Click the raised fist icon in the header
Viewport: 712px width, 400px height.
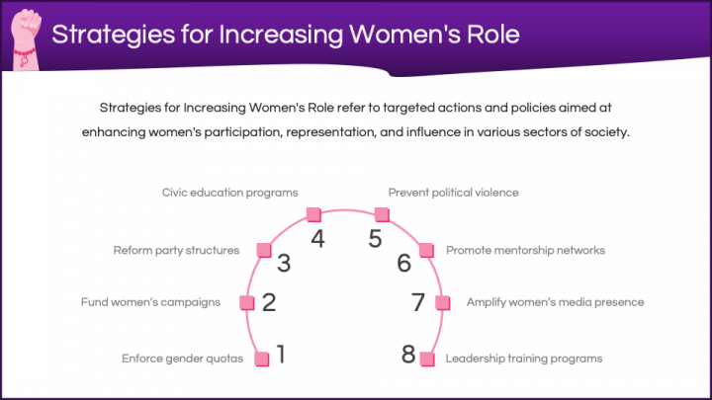(x=26, y=40)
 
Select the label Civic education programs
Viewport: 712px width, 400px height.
(x=229, y=193)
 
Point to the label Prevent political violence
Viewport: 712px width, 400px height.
(x=453, y=193)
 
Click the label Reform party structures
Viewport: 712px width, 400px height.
(x=176, y=250)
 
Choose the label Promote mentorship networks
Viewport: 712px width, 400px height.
(x=525, y=250)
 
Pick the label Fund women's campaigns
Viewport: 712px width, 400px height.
(x=150, y=302)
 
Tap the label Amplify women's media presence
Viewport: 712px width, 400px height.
(x=555, y=302)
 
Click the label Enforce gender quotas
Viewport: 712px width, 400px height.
(x=183, y=359)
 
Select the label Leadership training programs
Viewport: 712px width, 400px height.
(x=523, y=359)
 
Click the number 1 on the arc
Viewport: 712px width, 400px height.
(x=282, y=355)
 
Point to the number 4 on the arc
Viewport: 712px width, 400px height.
(x=317, y=239)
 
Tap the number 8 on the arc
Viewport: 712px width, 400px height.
(x=408, y=355)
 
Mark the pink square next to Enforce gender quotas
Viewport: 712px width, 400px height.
(x=261, y=360)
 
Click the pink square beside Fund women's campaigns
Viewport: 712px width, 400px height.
(x=246, y=302)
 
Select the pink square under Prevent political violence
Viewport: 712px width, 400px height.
(x=382, y=214)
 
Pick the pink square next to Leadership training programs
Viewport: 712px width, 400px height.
(x=427, y=360)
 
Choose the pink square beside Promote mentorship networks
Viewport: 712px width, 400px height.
(x=426, y=250)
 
